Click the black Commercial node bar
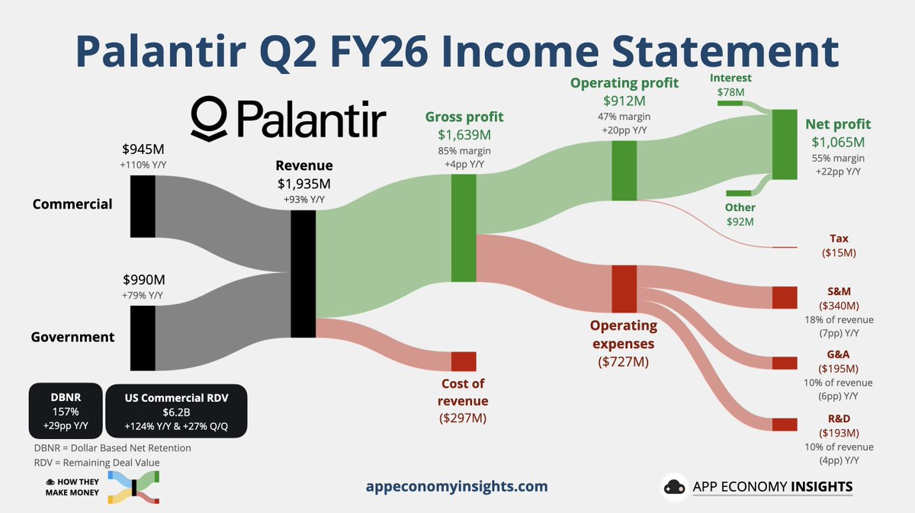(143, 207)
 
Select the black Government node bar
(143, 338)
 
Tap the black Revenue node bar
(303, 274)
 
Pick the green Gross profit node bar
(464, 228)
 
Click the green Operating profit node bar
(624, 171)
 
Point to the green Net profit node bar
(785, 144)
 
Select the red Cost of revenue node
(464, 361)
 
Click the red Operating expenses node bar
(624, 289)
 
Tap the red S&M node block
(785, 297)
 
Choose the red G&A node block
(785, 363)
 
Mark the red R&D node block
(785, 425)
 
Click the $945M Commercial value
(143, 149)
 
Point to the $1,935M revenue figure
(304, 184)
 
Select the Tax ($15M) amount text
(839, 253)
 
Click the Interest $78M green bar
(730, 104)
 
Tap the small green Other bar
(739, 193)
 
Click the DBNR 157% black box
(66, 411)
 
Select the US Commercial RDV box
(176, 411)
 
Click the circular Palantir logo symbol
(209, 119)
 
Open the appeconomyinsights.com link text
(457, 486)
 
